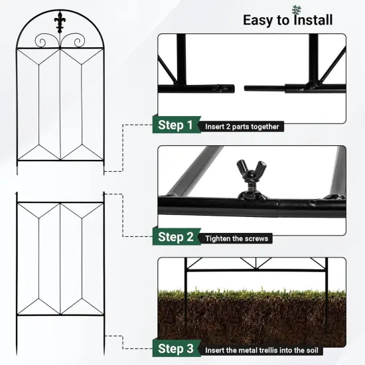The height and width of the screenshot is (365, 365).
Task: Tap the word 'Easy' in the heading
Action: tap(258, 20)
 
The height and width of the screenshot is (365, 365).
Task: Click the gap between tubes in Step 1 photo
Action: tap(240, 88)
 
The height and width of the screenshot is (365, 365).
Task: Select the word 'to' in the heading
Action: tap(283, 21)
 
